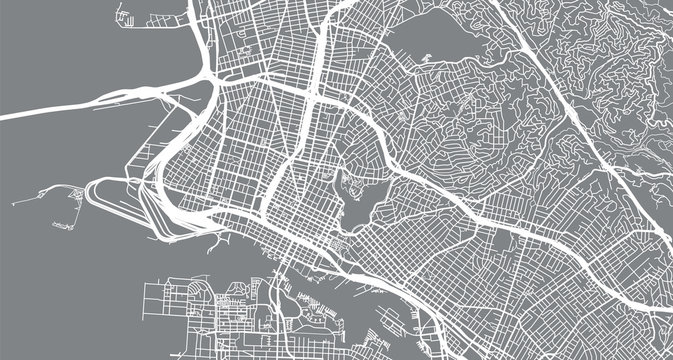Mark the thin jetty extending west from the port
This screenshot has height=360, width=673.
pyautogui.click(x=50, y=189)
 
